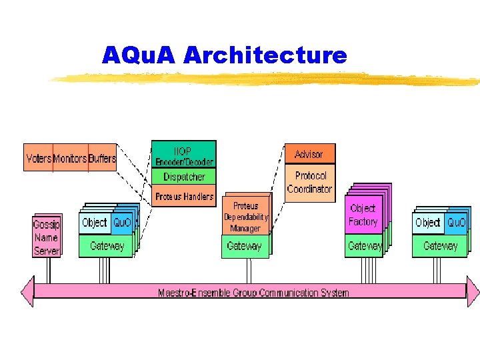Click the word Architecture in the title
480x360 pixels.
coord(265,55)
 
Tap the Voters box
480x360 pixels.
coord(39,158)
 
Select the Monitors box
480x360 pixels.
coord(70,158)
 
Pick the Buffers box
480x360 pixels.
coord(102,158)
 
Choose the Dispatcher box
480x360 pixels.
coord(184,177)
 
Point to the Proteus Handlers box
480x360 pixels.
coord(184,197)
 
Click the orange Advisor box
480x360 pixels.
coord(309,154)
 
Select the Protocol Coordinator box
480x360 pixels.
coord(309,183)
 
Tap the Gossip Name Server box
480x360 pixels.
coord(47,237)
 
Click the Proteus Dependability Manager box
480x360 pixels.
coord(245,217)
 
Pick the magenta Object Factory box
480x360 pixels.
coord(363,215)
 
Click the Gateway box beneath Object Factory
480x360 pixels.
coord(365,246)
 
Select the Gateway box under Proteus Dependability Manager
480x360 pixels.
coord(245,246)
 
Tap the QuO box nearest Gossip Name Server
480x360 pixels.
coord(122,223)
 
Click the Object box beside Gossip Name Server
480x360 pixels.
coord(94,223)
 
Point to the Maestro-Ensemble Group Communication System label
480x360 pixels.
coord(253,293)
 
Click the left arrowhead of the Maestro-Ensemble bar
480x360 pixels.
coord(27,291)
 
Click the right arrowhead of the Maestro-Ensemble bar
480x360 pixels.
coord(472,291)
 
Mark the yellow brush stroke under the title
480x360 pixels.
coord(267,80)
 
